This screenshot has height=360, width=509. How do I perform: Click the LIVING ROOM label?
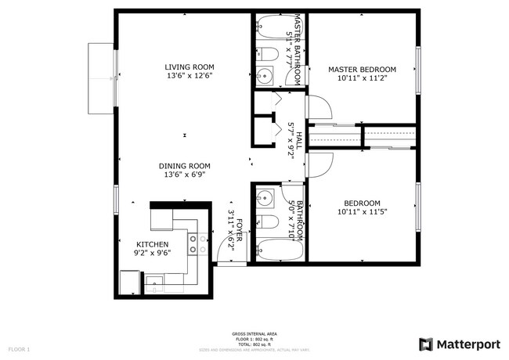(x=189, y=67)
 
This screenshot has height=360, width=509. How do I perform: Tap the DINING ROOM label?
(x=185, y=165)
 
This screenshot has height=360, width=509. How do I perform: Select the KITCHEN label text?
(x=153, y=245)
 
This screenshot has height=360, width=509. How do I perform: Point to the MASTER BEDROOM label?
(x=362, y=70)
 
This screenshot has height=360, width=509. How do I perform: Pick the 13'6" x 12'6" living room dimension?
(x=189, y=76)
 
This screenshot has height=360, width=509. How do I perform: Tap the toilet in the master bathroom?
(x=266, y=55)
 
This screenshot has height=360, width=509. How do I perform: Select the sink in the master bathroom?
(x=264, y=76)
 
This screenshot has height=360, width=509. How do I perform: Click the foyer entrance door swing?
(x=230, y=252)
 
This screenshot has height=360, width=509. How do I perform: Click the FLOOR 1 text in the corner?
(x=19, y=348)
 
